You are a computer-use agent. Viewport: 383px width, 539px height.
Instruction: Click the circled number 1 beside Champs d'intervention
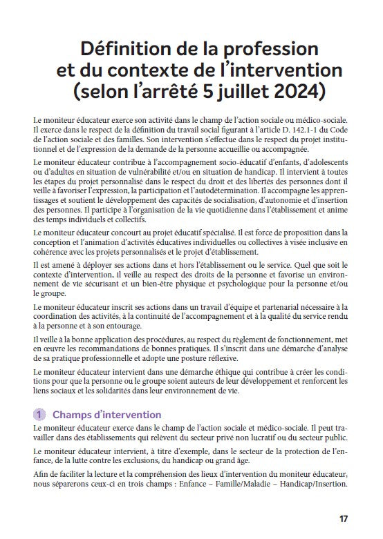pyautogui.click(x=39, y=415)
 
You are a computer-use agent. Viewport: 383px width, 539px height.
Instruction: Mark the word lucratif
pyautogui.click(x=277, y=438)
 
